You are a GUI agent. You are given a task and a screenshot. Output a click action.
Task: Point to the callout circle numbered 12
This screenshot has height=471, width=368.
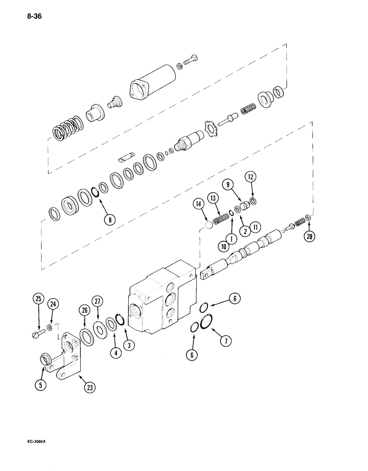251,178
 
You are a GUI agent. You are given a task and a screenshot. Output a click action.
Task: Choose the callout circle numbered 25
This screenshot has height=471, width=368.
39,299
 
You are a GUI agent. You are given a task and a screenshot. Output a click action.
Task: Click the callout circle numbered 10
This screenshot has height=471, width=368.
223,245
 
